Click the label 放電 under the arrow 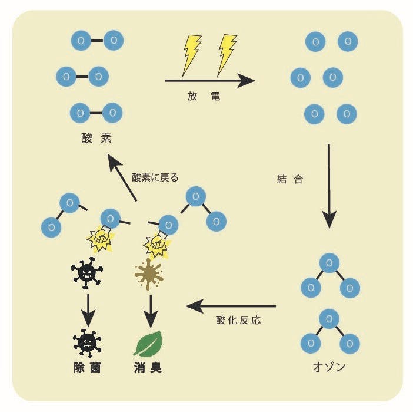pyautogui.click(x=204, y=96)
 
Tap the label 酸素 pyautogui.click(x=96, y=138)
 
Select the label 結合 pyautogui.click(x=290, y=179)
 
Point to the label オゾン pyautogui.click(x=329, y=367)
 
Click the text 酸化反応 pyautogui.click(x=238, y=320)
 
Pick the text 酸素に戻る pyautogui.click(x=155, y=177)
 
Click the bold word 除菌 pyautogui.click(x=87, y=367)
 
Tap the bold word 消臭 pyautogui.click(x=148, y=367)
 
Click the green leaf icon pyautogui.click(x=148, y=344)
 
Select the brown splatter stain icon pyautogui.click(x=149, y=275)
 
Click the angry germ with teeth pyautogui.click(x=87, y=273)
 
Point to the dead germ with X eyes pyautogui.click(x=87, y=343)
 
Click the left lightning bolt pyautogui.click(x=192, y=55)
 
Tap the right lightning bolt pyautogui.click(x=227, y=55)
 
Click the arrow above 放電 pyautogui.click(x=209, y=81)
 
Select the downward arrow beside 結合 pyautogui.click(x=329, y=186)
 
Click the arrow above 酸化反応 pyautogui.click(x=231, y=306)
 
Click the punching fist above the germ pyautogui.click(x=101, y=238)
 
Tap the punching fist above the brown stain pyautogui.click(x=157, y=244)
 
